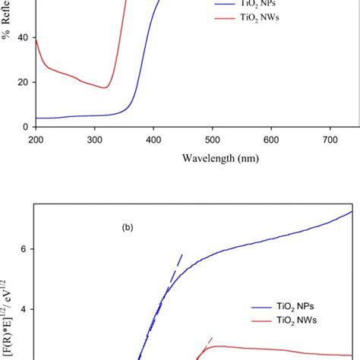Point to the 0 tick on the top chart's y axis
click(25, 127)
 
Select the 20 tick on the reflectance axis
click(23, 82)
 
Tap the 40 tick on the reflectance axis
click(23, 37)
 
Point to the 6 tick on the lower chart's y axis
click(25, 249)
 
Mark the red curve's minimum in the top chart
click(105, 88)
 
